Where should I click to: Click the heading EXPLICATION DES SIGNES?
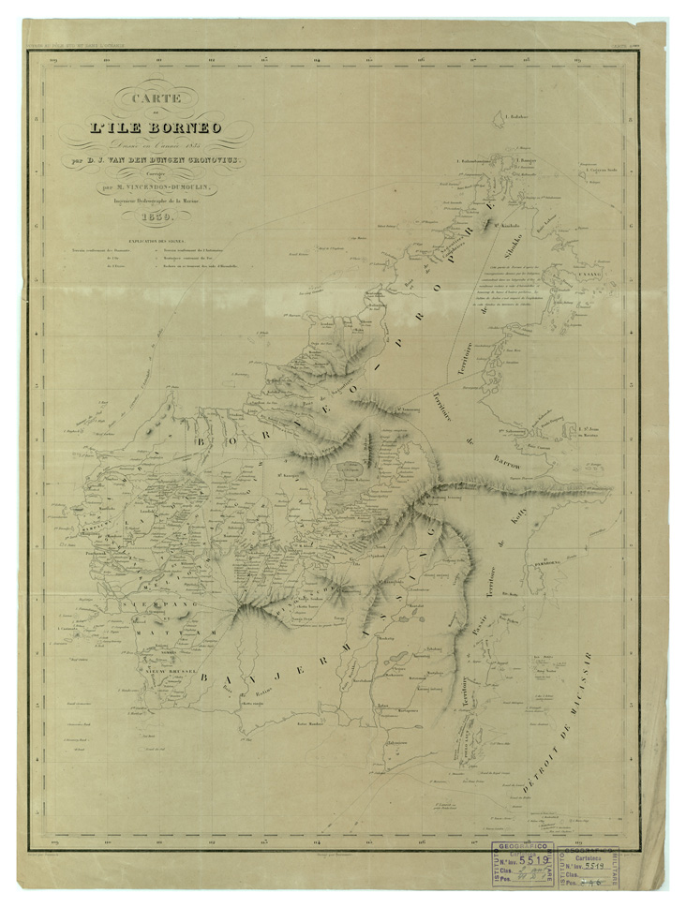click(x=127, y=241)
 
